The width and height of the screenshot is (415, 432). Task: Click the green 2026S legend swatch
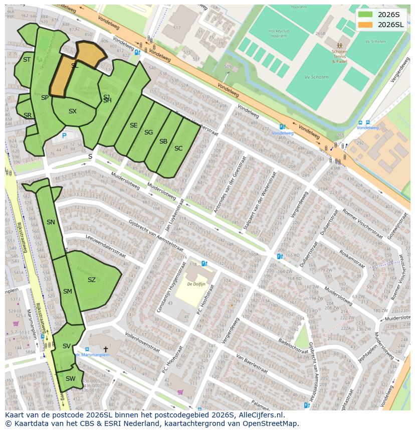(x=365, y=15)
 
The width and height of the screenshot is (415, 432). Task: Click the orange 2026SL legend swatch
(x=365, y=25)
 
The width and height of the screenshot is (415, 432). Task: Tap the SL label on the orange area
(x=75, y=65)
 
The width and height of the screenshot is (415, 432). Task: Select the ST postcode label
(x=27, y=60)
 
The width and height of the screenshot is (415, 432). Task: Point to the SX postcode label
(x=73, y=111)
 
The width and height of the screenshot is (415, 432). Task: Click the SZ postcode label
(x=91, y=280)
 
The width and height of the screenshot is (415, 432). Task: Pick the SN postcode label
(x=51, y=222)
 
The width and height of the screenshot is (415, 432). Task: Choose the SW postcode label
(x=71, y=379)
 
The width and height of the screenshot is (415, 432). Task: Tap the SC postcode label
(x=178, y=149)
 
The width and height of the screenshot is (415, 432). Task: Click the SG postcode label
(x=148, y=132)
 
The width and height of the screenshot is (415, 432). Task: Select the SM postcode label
(x=68, y=292)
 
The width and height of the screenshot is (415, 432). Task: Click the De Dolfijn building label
(x=196, y=284)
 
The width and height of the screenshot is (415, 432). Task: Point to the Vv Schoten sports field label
(x=316, y=77)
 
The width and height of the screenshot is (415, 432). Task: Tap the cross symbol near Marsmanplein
(x=106, y=349)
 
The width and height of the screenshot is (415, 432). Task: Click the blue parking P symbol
(x=64, y=135)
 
